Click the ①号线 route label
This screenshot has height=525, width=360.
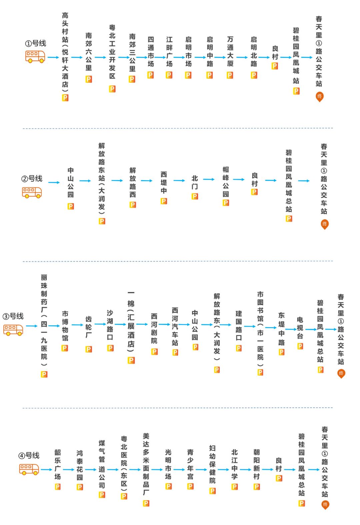[36, 43]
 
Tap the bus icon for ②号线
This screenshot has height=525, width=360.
[32, 192]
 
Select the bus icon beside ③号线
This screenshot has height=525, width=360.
[13, 330]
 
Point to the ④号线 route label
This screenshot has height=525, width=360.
[29, 455]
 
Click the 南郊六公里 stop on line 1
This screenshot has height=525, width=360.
[89, 51]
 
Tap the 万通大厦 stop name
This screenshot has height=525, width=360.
[230, 51]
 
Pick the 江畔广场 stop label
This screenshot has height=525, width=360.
[169, 51]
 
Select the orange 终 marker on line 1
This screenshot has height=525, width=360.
[319, 97]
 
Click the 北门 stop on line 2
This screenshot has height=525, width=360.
[195, 182]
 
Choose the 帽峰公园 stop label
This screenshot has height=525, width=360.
[226, 182]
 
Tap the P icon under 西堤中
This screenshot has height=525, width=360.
[164, 201]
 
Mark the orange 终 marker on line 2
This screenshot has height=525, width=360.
[324, 224]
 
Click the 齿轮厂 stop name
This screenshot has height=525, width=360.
[88, 327]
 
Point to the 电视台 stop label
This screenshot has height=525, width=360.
[300, 328]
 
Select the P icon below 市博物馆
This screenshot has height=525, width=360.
[65, 348]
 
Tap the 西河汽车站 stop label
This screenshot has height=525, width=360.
[175, 327]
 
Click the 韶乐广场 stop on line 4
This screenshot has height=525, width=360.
[58, 464]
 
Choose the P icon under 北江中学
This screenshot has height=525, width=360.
[235, 487]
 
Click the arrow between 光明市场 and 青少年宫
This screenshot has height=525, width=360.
[179, 470]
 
